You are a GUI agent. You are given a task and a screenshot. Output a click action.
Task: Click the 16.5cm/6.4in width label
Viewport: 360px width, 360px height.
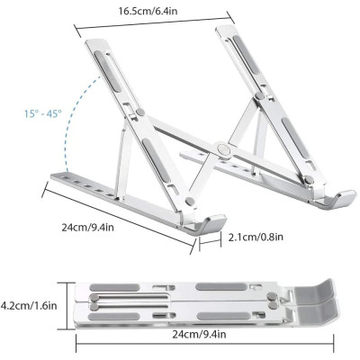pyautogui.click(x=164, y=12)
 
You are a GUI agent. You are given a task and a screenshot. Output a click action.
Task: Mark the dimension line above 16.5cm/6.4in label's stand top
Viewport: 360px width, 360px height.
pyautogui.click(x=163, y=25)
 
